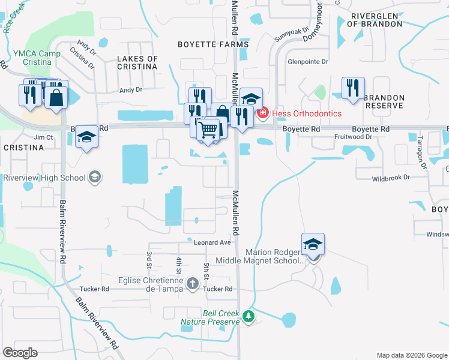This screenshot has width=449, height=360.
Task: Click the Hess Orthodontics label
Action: (307, 113)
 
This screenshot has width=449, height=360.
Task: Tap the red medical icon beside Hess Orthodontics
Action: (262, 113)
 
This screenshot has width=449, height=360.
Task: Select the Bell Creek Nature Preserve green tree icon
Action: (247, 316)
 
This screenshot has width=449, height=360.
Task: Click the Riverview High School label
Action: (44, 178)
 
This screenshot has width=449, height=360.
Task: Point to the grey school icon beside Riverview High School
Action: (95, 177)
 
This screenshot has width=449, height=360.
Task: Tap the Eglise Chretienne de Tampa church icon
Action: (193, 283)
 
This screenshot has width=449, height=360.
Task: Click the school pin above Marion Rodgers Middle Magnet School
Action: (313, 244)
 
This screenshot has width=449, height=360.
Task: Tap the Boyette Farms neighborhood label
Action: (213, 44)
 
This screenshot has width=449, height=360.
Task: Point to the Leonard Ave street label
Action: (212, 242)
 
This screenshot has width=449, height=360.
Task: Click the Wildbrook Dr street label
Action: (390, 178)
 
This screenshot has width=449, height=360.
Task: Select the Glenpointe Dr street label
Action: (309, 61)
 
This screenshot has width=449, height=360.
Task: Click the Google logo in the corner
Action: (20, 353)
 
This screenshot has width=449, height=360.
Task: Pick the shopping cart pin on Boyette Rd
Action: (208, 129)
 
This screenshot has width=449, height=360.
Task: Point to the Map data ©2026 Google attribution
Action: (412, 355)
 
